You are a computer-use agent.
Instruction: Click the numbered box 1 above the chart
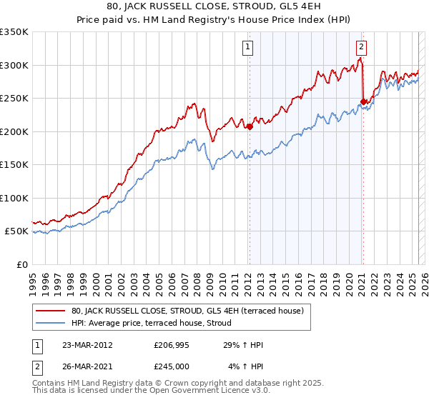click(247, 48)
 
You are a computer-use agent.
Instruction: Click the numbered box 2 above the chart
click(361, 48)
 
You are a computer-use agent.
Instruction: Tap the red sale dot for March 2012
click(250, 127)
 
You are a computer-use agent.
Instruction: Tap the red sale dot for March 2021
click(363, 102)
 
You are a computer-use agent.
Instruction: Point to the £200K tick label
click(14, 131)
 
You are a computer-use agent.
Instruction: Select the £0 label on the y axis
click(21, 264)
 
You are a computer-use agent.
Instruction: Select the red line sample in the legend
click(51, 311)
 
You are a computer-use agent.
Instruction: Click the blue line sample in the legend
click(51, 323)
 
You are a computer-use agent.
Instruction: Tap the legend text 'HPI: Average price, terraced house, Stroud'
click(151, 323)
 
